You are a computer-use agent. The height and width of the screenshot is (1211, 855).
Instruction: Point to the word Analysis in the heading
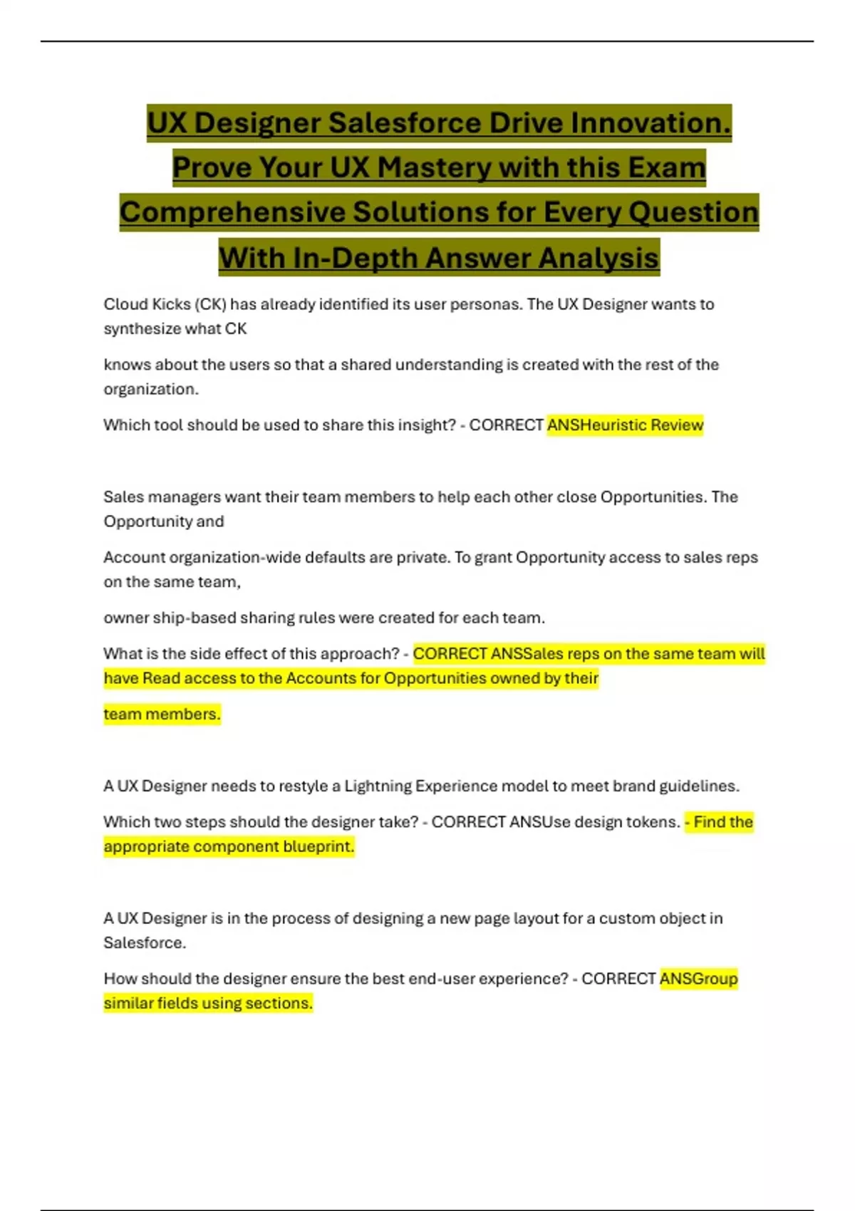pyautogui.click(x=598, y=258)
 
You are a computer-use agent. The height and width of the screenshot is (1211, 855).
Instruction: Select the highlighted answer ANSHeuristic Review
pyautogui.click(x=625, y=425)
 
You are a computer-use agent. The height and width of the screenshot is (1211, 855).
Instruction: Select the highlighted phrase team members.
pyautogui.click(x=162, y=714)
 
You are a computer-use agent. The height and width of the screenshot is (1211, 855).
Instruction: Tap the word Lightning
pyautogui.click(x=378, y=786)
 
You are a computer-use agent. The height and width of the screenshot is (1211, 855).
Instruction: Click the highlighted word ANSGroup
pyautogui.click(x=698, y=979)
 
